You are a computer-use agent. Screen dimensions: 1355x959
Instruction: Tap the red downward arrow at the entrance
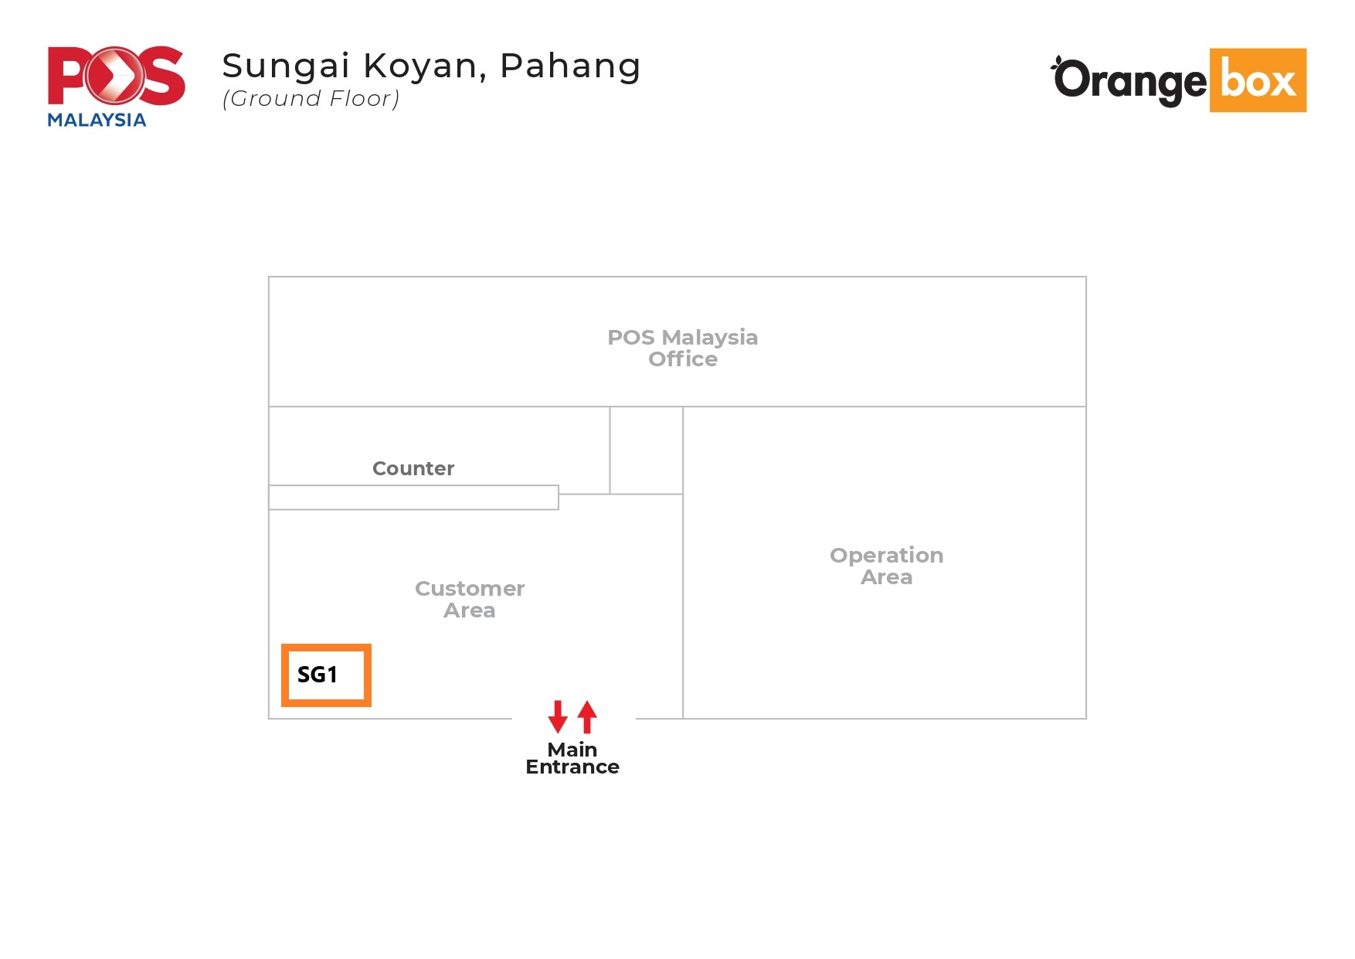558,716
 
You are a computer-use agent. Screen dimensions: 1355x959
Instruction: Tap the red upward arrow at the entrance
587,716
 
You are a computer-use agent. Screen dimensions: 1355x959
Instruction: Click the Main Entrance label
572,758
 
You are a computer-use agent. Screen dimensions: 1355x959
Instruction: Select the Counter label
413,468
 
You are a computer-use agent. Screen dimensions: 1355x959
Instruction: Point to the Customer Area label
470,599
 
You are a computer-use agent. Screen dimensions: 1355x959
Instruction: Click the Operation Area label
887,566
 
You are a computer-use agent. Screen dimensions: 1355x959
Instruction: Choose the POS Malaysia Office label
683,348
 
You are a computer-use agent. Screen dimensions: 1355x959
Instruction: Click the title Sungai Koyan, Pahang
431,66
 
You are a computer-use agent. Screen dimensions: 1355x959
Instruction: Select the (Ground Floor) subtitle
311,99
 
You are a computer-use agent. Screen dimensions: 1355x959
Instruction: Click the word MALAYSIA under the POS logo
97,120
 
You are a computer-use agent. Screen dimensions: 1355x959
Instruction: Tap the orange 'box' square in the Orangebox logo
1258,80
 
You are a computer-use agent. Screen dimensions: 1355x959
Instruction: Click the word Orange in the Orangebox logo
1129,81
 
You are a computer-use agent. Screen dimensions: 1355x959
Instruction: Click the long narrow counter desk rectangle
413,498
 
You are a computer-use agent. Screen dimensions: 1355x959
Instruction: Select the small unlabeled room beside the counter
646,451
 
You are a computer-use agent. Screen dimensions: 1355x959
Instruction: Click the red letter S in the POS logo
162,76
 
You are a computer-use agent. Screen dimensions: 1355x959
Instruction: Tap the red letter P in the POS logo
68,76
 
